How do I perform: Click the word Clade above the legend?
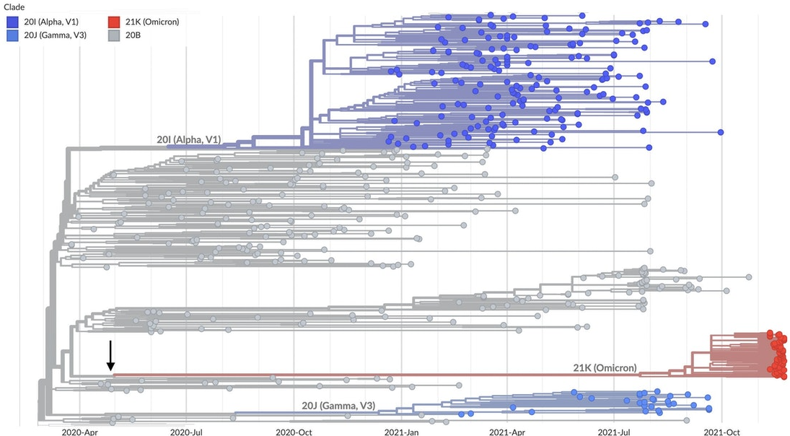(x=15, y=7)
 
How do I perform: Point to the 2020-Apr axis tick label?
(x=80, y=431)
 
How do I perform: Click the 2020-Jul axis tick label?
(x=187, y=431)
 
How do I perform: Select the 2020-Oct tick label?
(x=294, y=431)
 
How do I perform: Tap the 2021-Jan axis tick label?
(x=401, y=431)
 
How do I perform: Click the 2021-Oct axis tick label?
(x=722, y=431)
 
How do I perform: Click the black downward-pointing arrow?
(x=110, y=356)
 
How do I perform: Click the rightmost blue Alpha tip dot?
(x=720, y=131)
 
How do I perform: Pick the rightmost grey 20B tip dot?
(x=748, y=276)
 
